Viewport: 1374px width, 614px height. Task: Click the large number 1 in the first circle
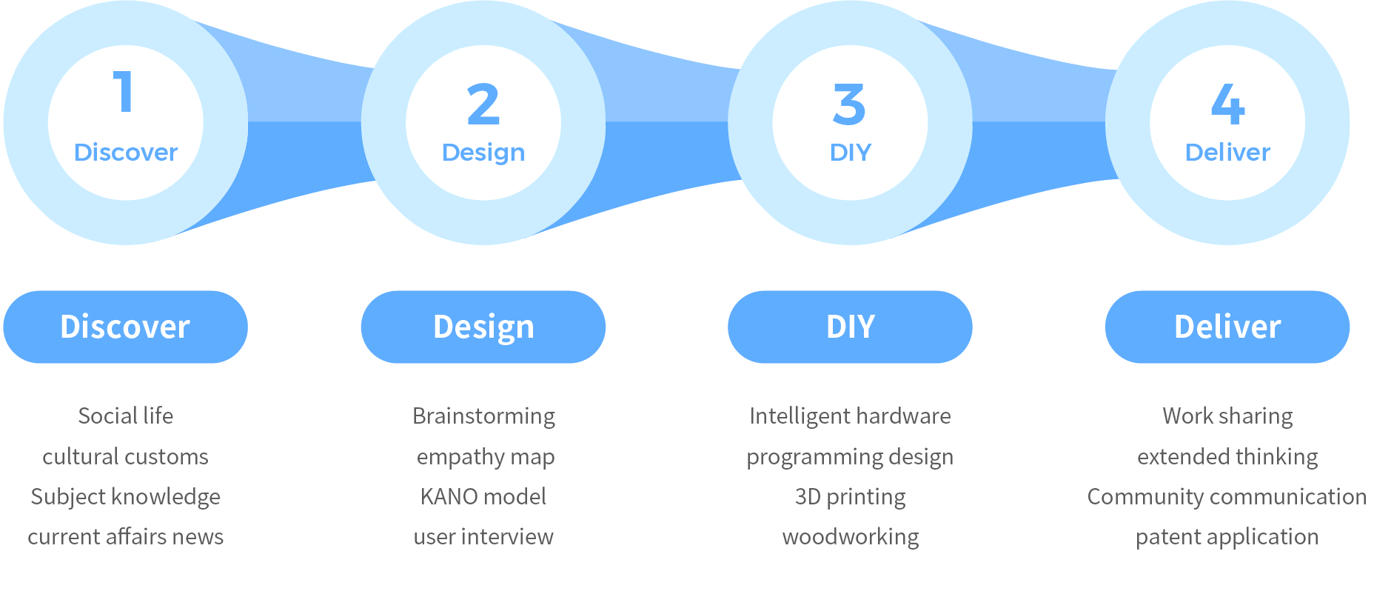[x=124, y=92]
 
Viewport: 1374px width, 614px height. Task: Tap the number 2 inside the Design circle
[x=483, y=104]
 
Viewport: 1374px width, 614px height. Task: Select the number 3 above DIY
[x=849, y=104]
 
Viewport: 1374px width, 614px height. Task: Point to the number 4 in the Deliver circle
[x=1227, y=104]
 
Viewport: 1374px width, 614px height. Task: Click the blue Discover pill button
[x=125, y=327]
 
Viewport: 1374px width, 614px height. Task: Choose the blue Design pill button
[x=483, y=327]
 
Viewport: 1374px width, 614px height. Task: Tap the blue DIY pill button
[x=850, y=327]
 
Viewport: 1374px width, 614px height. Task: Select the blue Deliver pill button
[x=1227, y=327]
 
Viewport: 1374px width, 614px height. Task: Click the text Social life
[x=126, y=416]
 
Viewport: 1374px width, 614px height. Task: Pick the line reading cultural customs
[x=126, y=456]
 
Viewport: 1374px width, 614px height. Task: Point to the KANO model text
[x=483, y=496]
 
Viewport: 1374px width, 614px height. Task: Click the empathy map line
[x=485, y=457]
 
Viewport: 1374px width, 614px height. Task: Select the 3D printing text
[x=850, y=496]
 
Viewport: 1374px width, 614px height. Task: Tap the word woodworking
[x=850, y=536]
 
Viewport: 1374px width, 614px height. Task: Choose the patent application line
[x=1227, y=536]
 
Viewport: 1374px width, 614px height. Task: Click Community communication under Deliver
[x=1227, y=496]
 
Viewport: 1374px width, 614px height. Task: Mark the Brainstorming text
[x=483, y=416]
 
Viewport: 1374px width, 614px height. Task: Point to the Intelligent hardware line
[x=850, y=416]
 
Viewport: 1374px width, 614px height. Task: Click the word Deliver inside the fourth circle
[x=1227, y=153]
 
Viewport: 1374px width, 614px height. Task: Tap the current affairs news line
[x=126, y=536]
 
